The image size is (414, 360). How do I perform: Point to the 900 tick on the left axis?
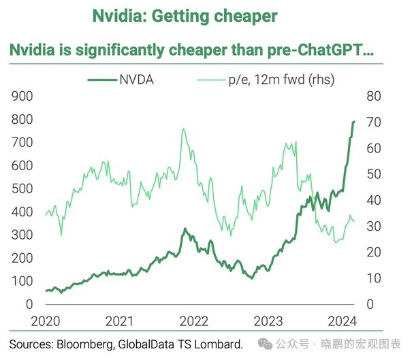tap(23, 97)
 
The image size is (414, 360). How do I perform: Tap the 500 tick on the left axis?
tap(23, 189)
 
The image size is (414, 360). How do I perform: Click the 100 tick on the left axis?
tap(23, 281)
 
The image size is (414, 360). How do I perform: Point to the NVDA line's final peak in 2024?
tap(354, 122)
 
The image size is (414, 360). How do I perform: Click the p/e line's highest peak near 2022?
tap(183, 129)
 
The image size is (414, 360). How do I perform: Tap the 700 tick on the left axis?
tap(23, 142)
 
